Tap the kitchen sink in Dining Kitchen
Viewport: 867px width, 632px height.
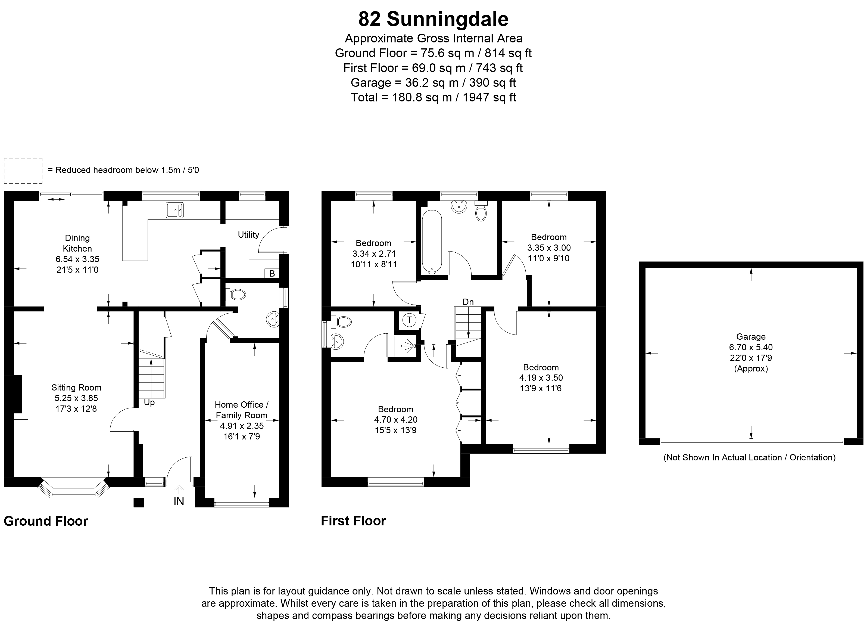click(175, 210)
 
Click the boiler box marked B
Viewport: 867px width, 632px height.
click(272, 273)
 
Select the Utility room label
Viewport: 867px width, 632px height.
click(248, 234)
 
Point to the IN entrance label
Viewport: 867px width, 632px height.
click(179, 501)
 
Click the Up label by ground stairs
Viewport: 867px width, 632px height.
click(149, 402)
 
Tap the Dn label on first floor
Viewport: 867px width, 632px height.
click(468, 302)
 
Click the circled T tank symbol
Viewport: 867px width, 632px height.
click(409, 320)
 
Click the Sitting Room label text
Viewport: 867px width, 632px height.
click(76, 388)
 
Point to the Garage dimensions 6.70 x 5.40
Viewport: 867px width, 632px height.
click(750, 347)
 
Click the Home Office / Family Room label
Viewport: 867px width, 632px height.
click(241, 410)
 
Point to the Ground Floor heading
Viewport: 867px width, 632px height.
click(46, 521)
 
